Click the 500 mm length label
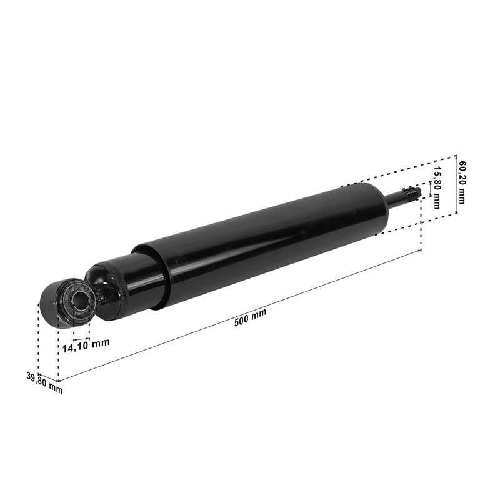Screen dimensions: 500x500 click(x=251, y=317)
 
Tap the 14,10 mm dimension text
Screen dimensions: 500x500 click(x=86, y=346)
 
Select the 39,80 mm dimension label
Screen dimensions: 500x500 click(x=44, y=383)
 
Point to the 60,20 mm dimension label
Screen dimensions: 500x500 click(x=461, y=182)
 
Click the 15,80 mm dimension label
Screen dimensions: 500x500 click(x=437, y=188)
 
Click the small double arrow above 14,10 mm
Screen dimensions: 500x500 click(x=81, y=339)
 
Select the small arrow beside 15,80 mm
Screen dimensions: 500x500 click(x=431, y=189)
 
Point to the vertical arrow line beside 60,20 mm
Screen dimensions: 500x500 click(x=456, y=184)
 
